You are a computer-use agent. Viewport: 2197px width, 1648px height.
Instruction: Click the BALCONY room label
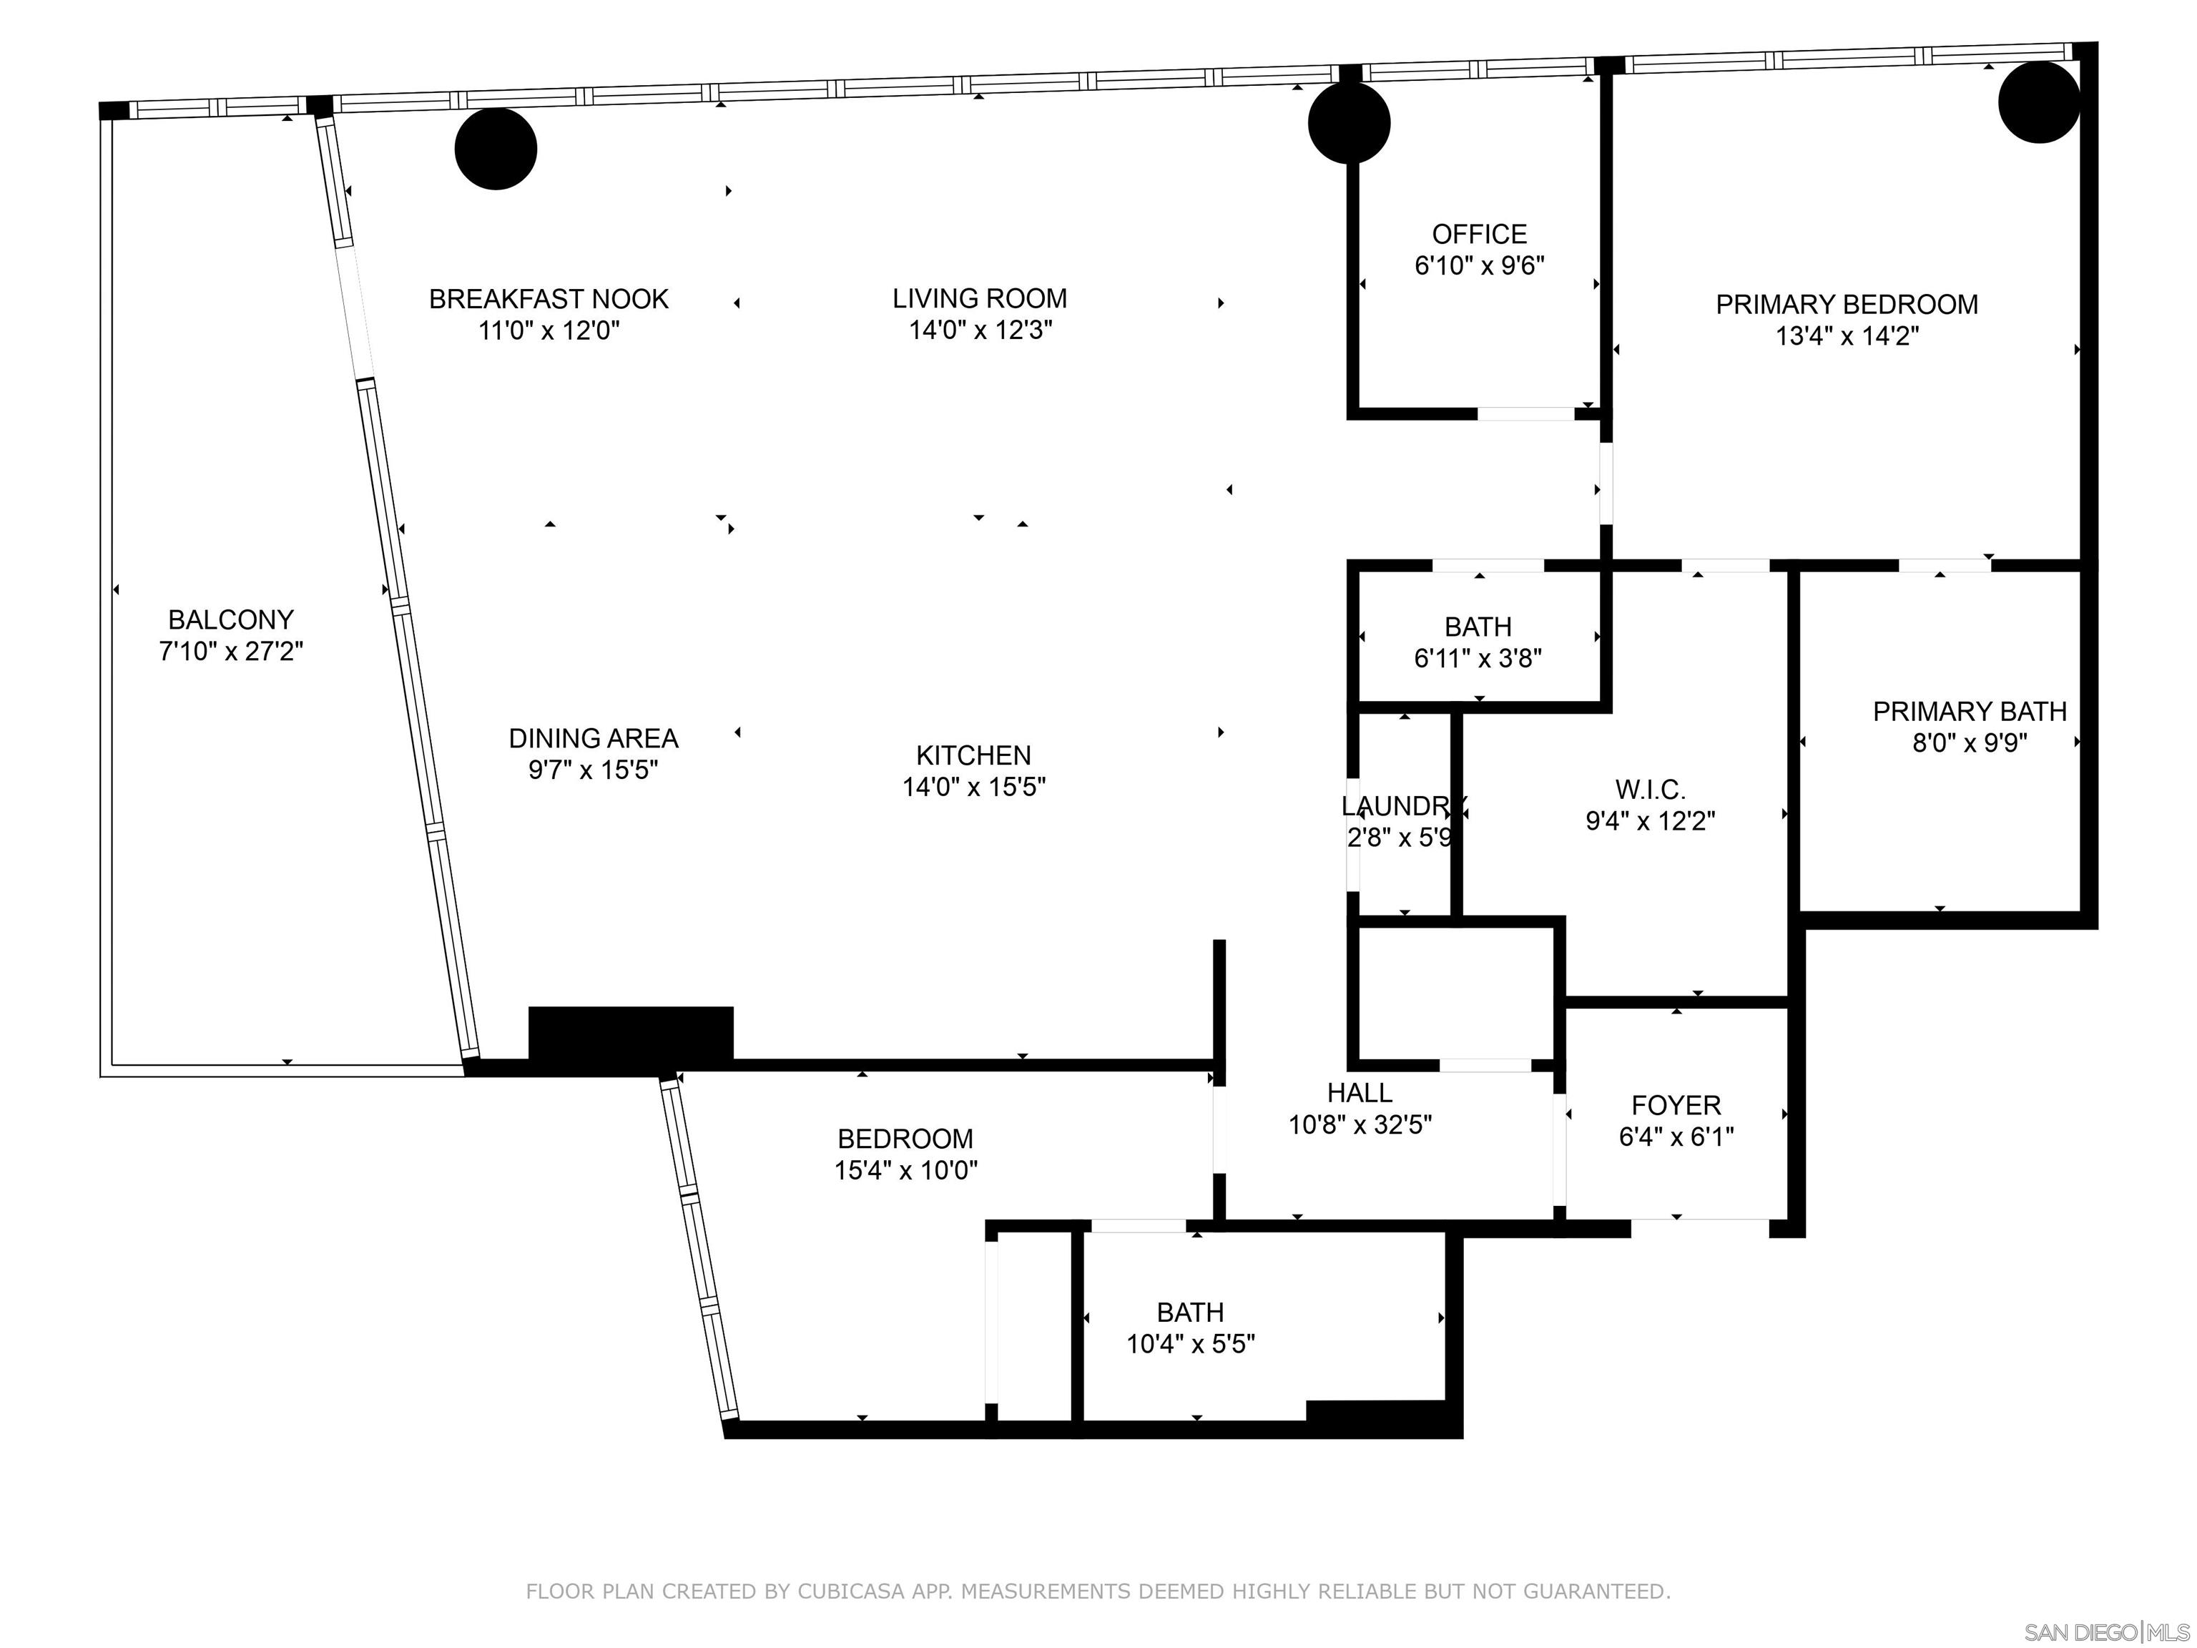[x=230, y=620]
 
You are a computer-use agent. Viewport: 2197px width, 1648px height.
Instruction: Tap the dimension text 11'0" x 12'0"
[x=549, y=330]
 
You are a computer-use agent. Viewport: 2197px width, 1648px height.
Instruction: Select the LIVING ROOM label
[x=979, y=298]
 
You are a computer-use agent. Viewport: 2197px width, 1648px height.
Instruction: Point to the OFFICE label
[x=1479, y=235]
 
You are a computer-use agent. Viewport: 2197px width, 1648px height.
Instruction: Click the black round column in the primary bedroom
[x=2038, y=102]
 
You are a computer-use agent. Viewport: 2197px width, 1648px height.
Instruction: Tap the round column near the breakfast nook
[x=496, y=149]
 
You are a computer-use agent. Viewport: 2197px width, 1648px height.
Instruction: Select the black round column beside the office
[x=1348, y=123]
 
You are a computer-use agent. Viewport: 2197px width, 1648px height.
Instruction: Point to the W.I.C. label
[x=1650, y=790]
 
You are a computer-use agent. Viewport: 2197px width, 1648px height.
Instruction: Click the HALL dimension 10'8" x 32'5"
[x=1359, y=1124]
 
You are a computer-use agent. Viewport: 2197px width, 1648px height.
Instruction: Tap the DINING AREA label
[x=593, y=738]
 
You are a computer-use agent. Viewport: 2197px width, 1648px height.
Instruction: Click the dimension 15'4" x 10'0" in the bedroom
[x=905, y=1170]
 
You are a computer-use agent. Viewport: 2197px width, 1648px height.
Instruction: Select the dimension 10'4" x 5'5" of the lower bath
[x=1190, y=1344]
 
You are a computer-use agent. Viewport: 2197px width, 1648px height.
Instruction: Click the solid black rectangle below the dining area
[x=631, y=1037]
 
